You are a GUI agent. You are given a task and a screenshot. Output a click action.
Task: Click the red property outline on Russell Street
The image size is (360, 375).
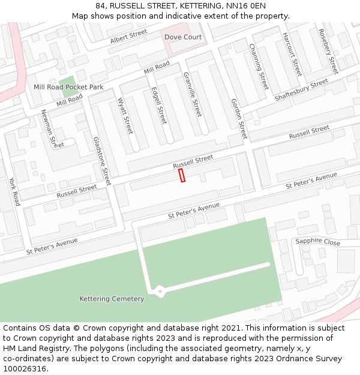pos(182,175)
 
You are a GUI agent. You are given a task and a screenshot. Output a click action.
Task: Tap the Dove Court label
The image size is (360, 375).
pos(183,37)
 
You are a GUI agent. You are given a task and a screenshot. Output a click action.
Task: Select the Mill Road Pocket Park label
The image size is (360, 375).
pos(68,88)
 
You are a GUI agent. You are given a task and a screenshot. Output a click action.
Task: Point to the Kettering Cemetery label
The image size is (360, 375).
pos(112,299)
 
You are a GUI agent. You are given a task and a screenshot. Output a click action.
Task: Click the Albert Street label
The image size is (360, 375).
pos(128,37)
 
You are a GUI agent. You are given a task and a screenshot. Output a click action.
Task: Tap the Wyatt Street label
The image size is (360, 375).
pos(125,116)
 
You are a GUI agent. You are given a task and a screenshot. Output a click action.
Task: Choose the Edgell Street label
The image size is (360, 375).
pos(159,106)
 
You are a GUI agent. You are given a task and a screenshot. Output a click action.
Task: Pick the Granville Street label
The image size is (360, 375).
pos(193,95)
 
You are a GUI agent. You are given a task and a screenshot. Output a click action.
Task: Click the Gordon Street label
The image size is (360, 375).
pos(239,118)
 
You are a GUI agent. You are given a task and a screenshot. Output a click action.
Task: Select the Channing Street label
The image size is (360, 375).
pos(259,67)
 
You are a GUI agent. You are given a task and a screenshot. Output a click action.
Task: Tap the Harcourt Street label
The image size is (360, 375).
pos(292,54)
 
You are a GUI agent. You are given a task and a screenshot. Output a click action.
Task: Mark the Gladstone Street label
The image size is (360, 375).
pos(102,161)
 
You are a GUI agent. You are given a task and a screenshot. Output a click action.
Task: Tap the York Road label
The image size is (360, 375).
pos(14,191)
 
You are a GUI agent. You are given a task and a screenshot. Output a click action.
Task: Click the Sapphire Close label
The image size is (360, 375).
pos(317,242)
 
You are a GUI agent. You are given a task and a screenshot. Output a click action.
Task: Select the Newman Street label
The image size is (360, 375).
pos(49,128)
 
